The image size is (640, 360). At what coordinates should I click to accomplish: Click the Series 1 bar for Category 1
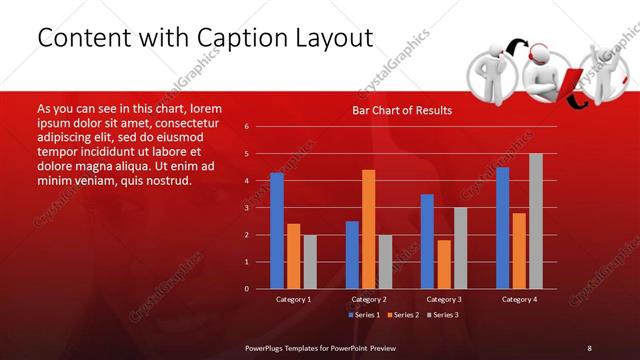tap(277, 231)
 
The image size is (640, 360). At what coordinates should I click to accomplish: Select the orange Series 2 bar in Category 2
tap(369, 229)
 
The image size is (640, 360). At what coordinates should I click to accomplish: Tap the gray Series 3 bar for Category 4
tap(535, 221)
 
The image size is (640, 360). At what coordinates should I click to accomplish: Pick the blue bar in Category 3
tap(427, 241)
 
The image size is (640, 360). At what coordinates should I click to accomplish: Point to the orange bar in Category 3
tap(444, 264)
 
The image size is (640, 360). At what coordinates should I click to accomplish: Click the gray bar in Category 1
tap(310, 262)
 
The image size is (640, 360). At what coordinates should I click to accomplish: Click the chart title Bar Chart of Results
tap(402, 110)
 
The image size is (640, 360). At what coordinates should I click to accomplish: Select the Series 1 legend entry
tap(363, 315)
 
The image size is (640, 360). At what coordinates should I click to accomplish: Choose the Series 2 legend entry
tap(402, 315)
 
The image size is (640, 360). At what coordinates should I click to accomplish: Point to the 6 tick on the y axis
tap(259, 127)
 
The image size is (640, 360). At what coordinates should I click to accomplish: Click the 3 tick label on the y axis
tap(259, 208)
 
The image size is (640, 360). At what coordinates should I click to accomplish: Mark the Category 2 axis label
tap(369, 299)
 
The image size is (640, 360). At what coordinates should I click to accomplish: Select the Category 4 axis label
tap(518, 299)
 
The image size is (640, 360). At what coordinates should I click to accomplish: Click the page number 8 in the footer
tap(589, 347)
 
